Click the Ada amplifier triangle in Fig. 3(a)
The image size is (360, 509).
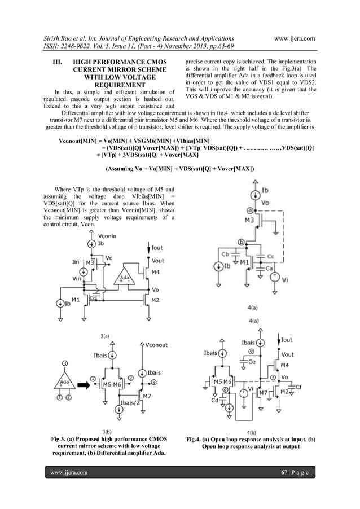tap(124, 279)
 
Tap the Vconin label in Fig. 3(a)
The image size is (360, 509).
tap(108, 236)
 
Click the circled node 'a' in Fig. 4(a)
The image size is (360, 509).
tap(249, 210)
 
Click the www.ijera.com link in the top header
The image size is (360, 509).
tap(294, 38)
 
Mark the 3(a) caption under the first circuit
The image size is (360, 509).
tap(105, 336)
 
